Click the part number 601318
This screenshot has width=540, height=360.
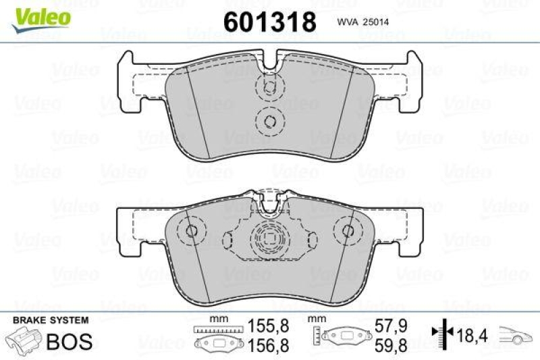pos(269,22)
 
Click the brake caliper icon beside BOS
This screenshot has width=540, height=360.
pos(24,340)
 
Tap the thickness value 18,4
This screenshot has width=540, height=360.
pos(472,333)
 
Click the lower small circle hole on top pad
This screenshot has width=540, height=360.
pos(269,122)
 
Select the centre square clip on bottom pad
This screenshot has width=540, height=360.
pos(269,238)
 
